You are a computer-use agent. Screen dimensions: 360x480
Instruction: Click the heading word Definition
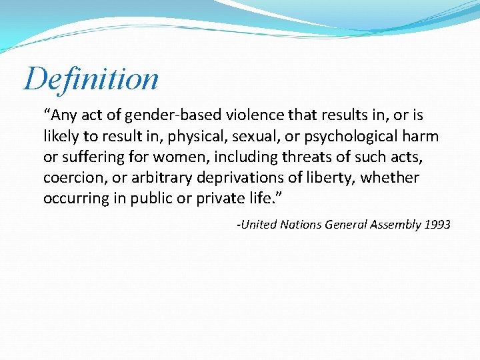(x=91, y=79)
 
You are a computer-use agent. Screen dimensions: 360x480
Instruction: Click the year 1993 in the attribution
(x=437, y=225)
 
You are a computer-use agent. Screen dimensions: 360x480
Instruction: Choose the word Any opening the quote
(x=65, y=116)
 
